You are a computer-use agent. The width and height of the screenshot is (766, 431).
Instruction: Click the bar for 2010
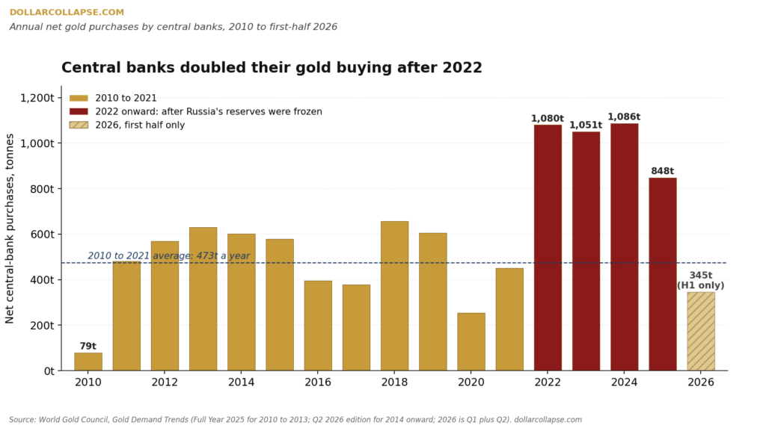88,362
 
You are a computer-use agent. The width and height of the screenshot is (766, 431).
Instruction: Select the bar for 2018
395,296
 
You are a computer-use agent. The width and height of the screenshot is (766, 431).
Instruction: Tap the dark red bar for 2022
548,248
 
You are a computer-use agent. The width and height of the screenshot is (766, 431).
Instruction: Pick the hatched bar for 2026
701,331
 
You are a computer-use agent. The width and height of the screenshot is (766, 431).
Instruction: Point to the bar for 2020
471,342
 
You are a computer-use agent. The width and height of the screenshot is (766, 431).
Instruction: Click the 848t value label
663,171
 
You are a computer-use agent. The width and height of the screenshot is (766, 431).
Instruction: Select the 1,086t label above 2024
624,117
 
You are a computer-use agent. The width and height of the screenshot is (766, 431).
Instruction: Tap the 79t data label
88,346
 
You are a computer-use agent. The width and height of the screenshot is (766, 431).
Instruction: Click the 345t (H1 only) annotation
700,281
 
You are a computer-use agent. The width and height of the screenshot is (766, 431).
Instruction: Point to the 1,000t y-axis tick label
37,143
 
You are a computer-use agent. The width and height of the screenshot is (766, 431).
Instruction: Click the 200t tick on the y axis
42,325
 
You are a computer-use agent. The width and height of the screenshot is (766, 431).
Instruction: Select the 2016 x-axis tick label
318,382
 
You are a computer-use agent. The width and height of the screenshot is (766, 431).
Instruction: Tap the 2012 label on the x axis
165,382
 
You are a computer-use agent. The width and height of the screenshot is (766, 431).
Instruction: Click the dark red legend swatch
79,111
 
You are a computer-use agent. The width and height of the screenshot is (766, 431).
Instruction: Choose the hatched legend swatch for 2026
79,125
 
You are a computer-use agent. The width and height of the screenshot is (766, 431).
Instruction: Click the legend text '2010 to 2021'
126,98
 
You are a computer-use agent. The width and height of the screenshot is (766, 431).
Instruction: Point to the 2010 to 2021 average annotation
168,256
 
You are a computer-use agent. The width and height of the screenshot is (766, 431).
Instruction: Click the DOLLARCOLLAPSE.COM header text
67,12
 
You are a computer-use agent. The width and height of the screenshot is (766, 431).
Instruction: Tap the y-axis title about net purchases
10,228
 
